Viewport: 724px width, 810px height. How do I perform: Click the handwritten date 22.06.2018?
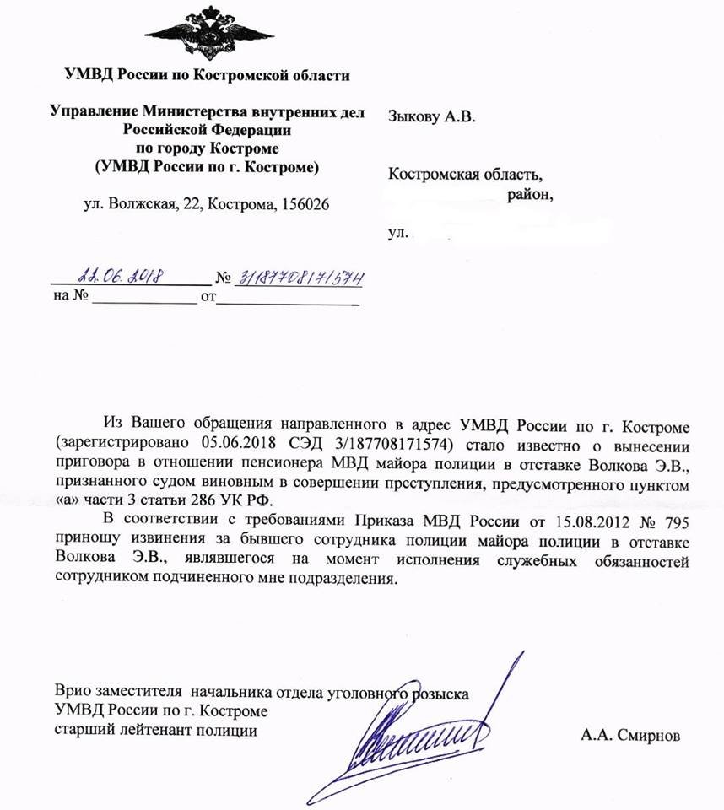[x=120, y=276]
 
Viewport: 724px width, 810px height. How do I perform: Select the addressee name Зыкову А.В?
[x=431, y=116]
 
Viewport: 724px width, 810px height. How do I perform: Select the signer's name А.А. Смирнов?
[x=629, y=734]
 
